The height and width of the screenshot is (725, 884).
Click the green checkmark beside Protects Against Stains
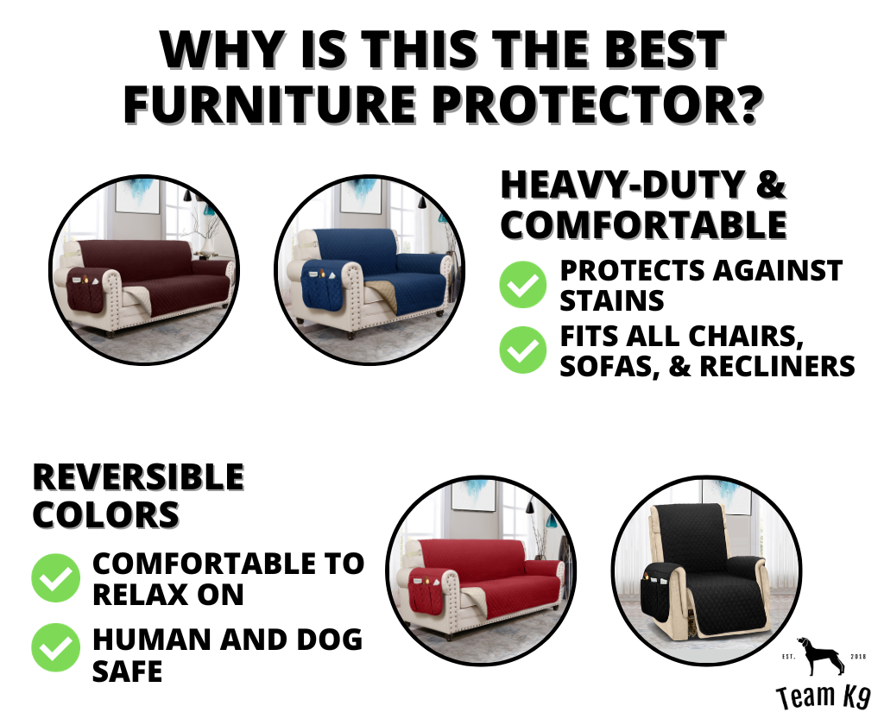click(522, 285)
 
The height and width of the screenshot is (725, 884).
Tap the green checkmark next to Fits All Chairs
click(522, 350)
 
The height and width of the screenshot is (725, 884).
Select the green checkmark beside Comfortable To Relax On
click(55, 578)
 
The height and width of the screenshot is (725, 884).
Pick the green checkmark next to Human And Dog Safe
click(55, 647)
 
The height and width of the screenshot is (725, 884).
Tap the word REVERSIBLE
click(139, 477)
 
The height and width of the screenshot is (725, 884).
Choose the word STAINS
click(612, 300)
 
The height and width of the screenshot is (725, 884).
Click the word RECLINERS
click(778, 366)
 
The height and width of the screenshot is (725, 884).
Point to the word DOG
click(329, 640)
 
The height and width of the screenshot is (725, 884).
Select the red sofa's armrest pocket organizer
click(426, 590)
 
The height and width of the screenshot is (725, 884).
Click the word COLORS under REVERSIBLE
click(106, 514)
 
